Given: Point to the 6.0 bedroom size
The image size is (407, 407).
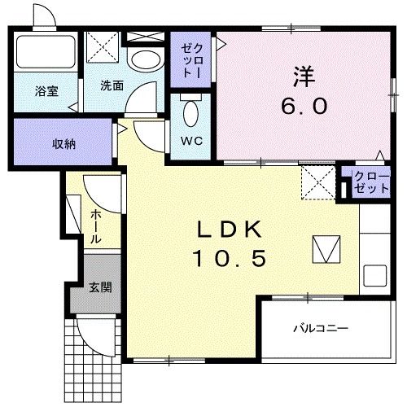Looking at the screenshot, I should pyautogui.click(x=305, y=106).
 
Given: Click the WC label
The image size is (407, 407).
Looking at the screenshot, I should pyautogui.click(x=191, y=140).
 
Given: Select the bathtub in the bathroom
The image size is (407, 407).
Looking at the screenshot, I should pyautogui.click(x=45, y=53).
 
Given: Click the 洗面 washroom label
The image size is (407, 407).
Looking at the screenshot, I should pyautogui.click(x=113, y=85).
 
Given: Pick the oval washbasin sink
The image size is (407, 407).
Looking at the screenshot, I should pyautogui.click(x=147, y=59).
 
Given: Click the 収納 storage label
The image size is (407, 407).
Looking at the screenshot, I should pyautogui.click(x=64, y=144).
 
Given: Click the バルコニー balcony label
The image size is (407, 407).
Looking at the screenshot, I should pyautogui.click(x=321, y=329).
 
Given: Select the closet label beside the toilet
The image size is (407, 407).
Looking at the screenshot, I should pyautogui.click(x=189, y=59).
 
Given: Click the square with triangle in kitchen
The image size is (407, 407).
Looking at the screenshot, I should pyautogui.click(x=327, y=249).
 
